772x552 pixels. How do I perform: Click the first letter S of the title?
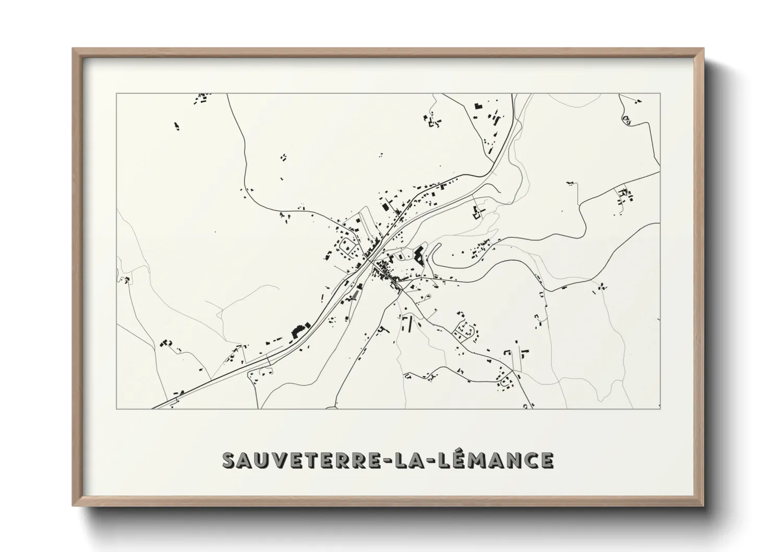pyautogui.click(x=230, y=460)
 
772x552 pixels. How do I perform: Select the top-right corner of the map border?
pyautogui.click(x=660, y=94)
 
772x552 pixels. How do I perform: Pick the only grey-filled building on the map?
pyautogui.click(x=356, y=295)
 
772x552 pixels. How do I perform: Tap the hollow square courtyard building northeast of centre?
pyautogui.click(x=476, y=213)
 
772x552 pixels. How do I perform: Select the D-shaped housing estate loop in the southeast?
pyautogui.click(x=465, y=330)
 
